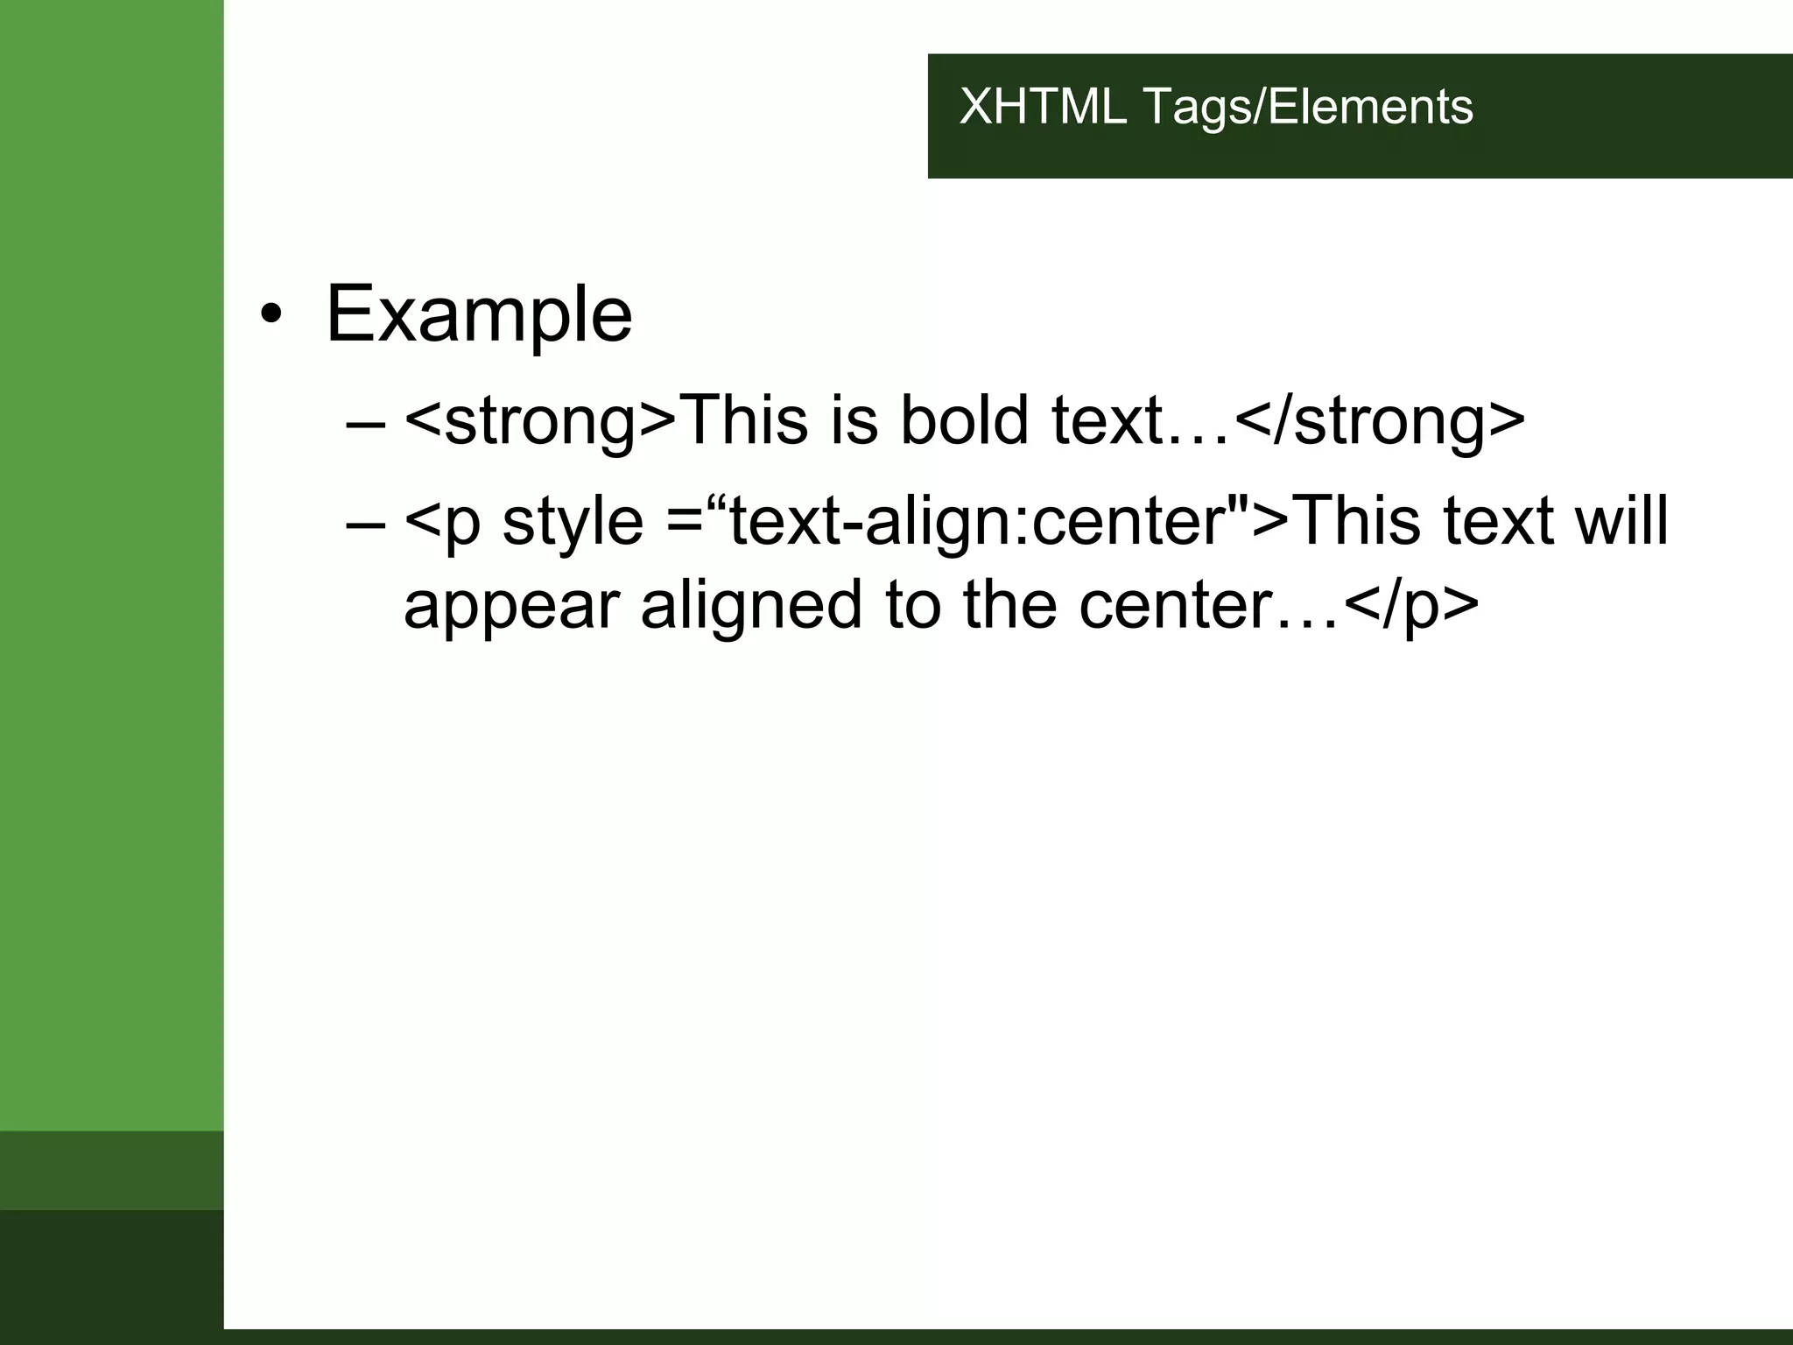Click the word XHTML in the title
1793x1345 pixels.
(1042, 107)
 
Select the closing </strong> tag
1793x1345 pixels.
(1380, 421)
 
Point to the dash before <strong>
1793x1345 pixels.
(365, 423)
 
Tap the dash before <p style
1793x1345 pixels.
(365, 524)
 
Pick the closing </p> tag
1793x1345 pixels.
(1410, 606)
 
